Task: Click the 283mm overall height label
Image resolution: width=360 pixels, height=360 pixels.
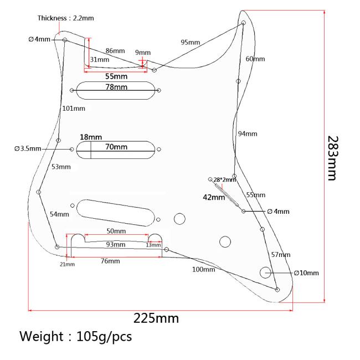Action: (x=333, y=158)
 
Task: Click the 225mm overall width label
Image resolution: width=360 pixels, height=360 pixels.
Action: (x=156, y=318)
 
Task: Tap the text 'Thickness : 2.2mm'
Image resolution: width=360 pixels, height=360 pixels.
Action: (x=66, y=18)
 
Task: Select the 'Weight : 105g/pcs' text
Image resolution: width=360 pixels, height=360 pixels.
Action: (x=76, y=337)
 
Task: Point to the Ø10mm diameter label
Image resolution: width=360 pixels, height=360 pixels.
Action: (x=306, y=272)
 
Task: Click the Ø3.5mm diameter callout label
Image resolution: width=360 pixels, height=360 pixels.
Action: (x=28, y=148)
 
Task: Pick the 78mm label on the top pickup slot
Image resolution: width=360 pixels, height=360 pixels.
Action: (x=116, y=87)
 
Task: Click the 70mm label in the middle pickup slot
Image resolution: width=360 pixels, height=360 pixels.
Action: (x=116, y=147)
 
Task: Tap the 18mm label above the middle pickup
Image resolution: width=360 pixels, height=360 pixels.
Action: (x=91, y=137)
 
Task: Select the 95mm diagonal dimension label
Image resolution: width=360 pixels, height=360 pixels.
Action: (x=191, y=42)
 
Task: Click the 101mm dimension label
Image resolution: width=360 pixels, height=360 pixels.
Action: (x=74, y=109)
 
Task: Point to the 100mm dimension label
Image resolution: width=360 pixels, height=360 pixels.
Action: (x=204, y=269)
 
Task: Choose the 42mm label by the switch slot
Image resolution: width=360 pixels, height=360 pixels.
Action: (x=214, y=197)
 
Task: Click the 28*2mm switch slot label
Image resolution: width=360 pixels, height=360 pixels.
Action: (x=224, y=179)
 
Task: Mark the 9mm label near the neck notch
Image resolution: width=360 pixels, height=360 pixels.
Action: (x=143, y=53)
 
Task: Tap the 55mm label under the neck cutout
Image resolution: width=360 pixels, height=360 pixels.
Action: (x=116, y=76)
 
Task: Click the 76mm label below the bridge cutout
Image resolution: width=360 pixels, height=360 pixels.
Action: (x=110, y=261)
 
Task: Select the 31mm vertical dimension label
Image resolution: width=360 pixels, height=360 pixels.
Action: (x=99, y=60)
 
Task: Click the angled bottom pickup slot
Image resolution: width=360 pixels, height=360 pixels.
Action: (x=116, y=213)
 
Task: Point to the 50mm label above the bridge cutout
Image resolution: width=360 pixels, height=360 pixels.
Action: (x=116, y=231)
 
